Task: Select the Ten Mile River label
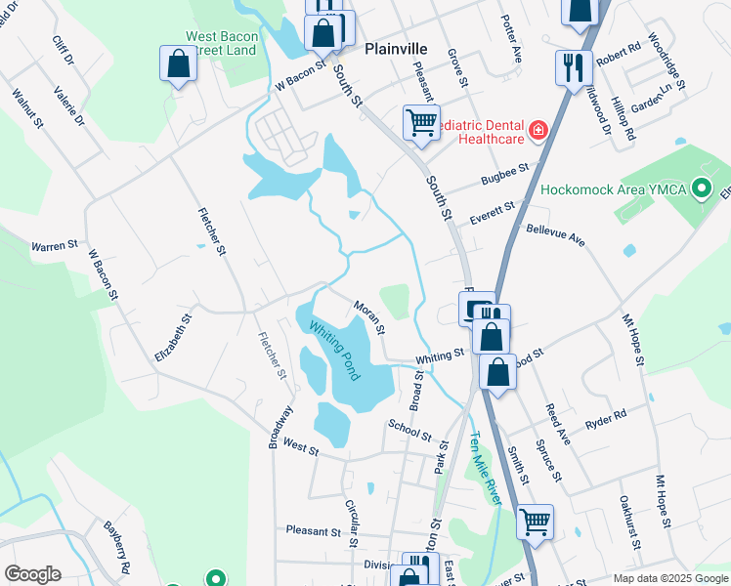pyautogui.click(x=485, y=468)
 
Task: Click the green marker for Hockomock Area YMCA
pyautogui.click(x=700, y=188)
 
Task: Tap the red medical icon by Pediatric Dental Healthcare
pyautogui.click(x=537, y=130)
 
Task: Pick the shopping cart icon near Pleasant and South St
pyautogui.click(x=421, y=122)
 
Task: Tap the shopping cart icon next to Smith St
pyautogui.click(x=535, y=522)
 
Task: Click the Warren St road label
pyautogui.click(x=55, y=246)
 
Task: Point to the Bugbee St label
pyautogui.click(x=504, y=177)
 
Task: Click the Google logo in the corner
pyautogui.click(x=32, y=574)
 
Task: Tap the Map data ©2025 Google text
pyautogui.click(x=669, y=578)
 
